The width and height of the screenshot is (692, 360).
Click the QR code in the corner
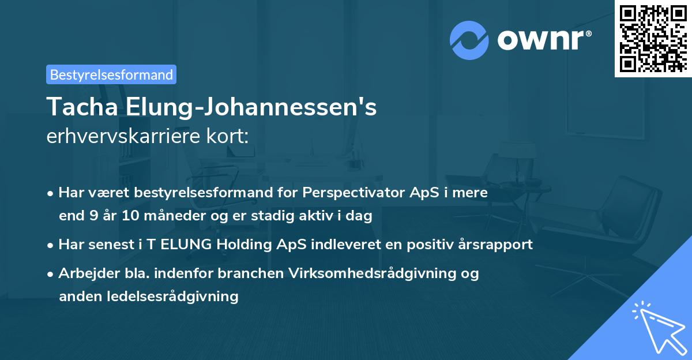(x=653, y=39)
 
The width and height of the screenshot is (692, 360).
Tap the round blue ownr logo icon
(x=469, y=40)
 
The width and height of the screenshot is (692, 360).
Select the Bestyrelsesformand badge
(x=111, y=74)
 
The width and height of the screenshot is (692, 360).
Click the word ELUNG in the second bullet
(x=185, y=245)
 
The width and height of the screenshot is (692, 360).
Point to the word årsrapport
(x=499, y=245)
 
